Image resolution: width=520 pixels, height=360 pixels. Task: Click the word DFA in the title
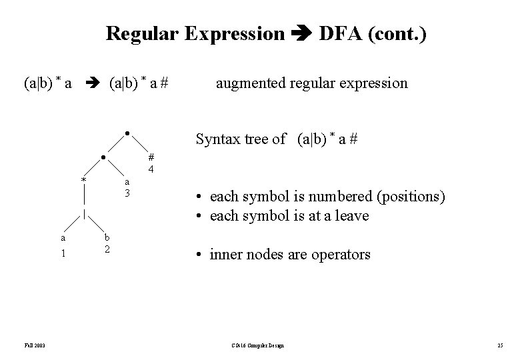point(343,33)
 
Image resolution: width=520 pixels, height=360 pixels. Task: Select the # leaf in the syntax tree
point(151,157)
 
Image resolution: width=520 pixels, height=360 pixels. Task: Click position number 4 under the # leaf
point(151,169)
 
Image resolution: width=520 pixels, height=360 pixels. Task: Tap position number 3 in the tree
point(127,193)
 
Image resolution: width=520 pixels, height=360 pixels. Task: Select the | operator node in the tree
point(84,213)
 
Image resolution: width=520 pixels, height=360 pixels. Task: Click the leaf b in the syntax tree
point(107,237)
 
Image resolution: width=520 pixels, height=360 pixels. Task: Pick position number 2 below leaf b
point(107,249)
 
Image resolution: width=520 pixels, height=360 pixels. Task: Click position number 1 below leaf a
point(63,253)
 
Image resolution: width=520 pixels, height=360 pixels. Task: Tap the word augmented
point(249,84)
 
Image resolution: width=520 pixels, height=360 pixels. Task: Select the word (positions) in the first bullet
point(412,197)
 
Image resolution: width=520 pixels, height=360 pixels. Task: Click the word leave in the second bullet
point(353,216)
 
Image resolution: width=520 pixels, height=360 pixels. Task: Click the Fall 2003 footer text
point(35,345)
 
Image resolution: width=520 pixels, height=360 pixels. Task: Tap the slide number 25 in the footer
point(499,345)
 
